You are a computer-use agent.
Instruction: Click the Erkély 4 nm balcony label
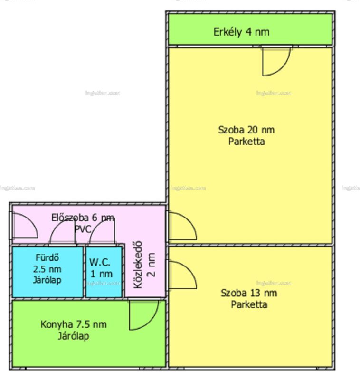tap(241, 32)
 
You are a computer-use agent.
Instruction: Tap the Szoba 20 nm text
tap(246, 130)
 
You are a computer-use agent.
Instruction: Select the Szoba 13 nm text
tap(249, 293)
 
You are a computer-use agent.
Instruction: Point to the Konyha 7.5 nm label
tap(74, 324)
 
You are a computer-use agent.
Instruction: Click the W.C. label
tap(100, 262)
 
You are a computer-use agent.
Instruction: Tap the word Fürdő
tap(47, 257)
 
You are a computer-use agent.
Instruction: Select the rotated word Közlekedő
tap(138, 265)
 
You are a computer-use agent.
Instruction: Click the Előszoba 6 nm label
tap(83, 218)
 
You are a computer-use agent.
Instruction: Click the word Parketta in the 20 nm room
tap(246, 142)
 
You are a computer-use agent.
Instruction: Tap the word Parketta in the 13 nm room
tap(249, 304)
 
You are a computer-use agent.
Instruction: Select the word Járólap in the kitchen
tap(74, 336)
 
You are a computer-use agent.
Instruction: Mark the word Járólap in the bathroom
tap(47, 280)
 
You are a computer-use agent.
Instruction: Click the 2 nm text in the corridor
tap(151, 265)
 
